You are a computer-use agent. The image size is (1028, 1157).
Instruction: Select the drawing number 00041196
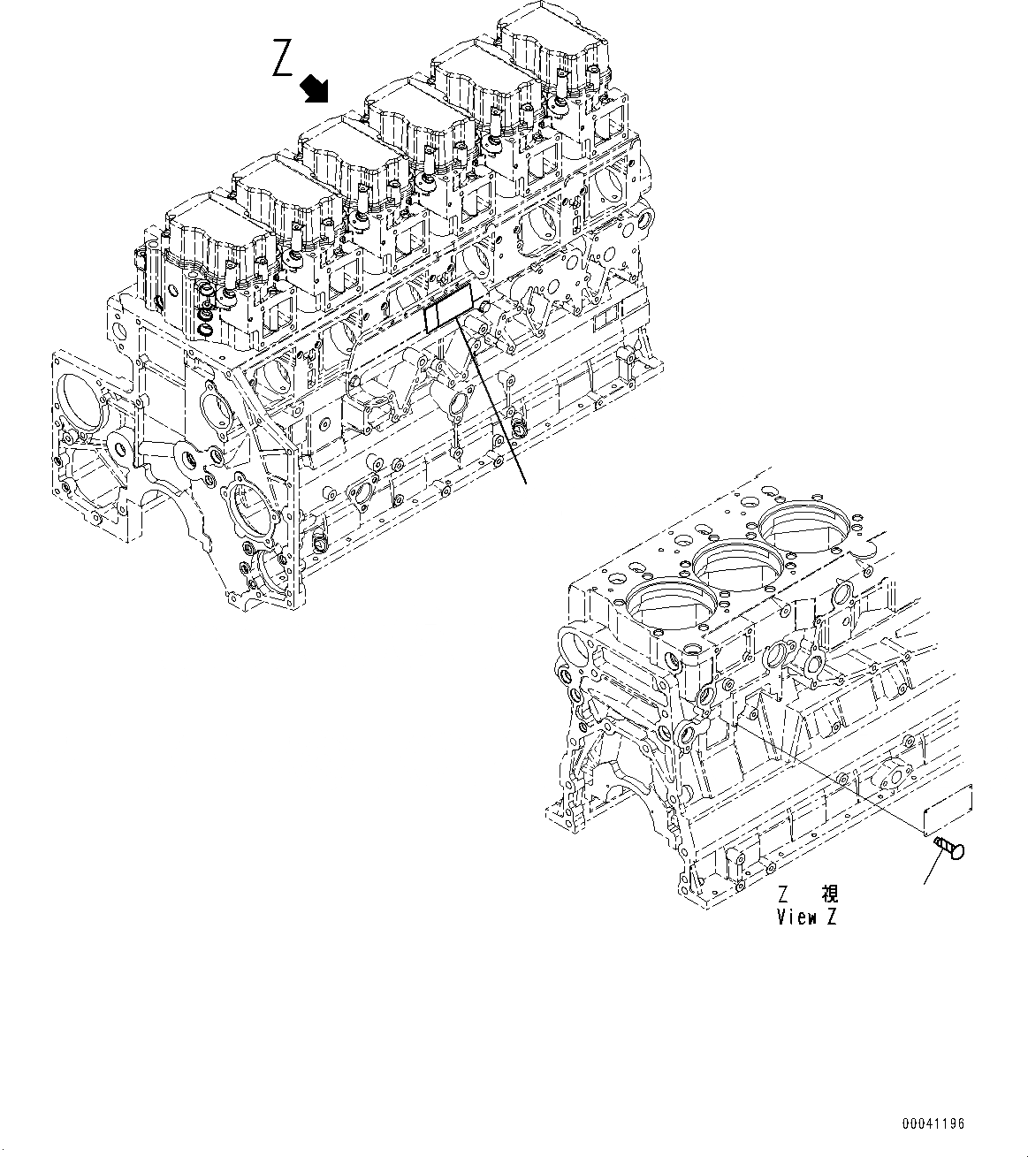933,1124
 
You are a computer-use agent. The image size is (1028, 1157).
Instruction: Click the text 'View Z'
806,917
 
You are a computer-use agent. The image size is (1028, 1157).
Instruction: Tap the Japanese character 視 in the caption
829,894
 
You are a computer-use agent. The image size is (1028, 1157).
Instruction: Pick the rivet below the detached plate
948,849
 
